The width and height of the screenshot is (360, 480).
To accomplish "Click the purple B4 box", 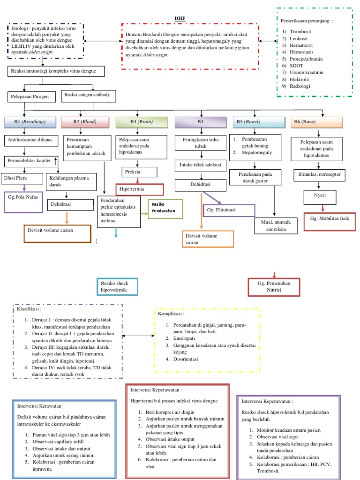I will (x=200, y=122).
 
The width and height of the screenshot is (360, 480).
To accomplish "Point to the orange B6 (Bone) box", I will (x=317, y=122).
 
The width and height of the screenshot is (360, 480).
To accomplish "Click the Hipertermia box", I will (x=139, y=189).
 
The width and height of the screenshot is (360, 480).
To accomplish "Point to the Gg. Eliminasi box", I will (x=229, y=210).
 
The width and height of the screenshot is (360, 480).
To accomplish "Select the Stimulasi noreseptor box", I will (x=320, y=175).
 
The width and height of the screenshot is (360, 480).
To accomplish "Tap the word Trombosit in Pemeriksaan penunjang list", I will (x=300, y=31).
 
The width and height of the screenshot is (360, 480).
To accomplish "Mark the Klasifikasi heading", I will (x=29, y=309).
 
